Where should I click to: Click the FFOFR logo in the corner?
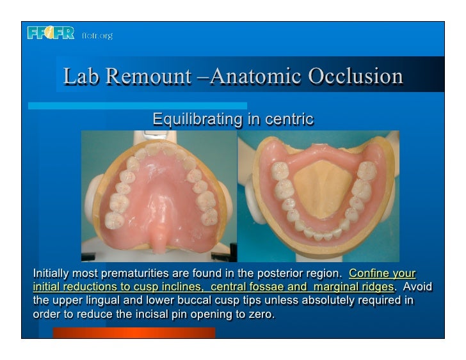pyautogui.click(x=51, y=33)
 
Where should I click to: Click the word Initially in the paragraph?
pyautogui.click(x=52, y=275)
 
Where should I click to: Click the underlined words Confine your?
pyautogui.click(x=382, y=275)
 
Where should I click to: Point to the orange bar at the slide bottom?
pyautogui.click(x=134, y=333)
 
